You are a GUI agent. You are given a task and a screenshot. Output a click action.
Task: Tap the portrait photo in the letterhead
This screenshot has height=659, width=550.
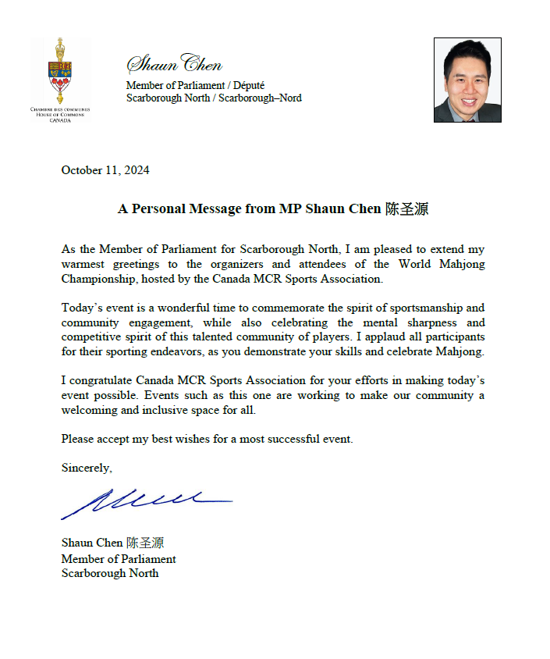467,80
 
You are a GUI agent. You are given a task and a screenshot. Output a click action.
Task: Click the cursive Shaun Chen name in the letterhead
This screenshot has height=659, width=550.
174,65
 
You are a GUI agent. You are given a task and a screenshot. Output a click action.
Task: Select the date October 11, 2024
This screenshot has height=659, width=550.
105,170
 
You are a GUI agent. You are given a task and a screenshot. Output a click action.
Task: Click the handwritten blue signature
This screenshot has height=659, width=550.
144,501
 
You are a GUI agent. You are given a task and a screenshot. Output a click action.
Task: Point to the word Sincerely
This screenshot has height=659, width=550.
87,468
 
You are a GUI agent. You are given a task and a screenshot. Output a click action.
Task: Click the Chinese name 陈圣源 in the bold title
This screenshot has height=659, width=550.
406,209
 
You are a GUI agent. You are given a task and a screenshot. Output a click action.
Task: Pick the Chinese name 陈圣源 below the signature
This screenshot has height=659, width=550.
145,543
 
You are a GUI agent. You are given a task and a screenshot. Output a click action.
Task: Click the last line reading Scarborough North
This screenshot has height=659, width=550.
110,573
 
